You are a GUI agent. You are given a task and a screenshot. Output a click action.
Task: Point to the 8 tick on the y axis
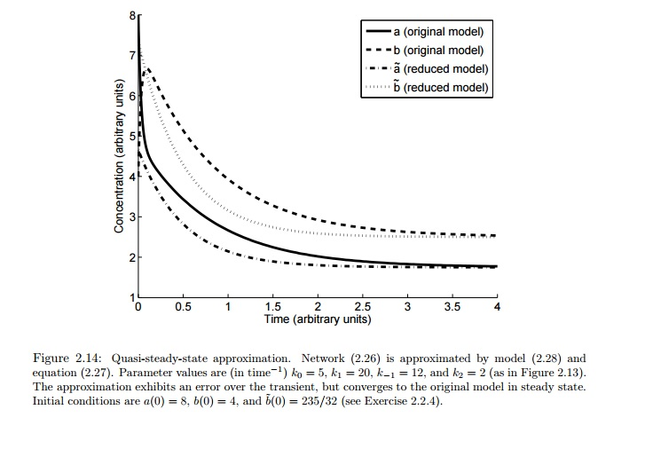point(131,15)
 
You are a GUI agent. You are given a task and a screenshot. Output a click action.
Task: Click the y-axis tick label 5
point(131,137)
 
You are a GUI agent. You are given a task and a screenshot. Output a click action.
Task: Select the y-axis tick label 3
point(131,217)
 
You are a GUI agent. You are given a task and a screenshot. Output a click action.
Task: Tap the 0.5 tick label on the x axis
point(183,307)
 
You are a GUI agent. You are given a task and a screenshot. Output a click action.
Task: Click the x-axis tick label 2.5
point(363,307)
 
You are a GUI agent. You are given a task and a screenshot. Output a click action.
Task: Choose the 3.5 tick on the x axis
point(452,307)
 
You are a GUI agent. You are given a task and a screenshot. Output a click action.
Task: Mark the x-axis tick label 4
point(497,307)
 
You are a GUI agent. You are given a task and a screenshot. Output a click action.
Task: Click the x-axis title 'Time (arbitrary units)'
point(317,319)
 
